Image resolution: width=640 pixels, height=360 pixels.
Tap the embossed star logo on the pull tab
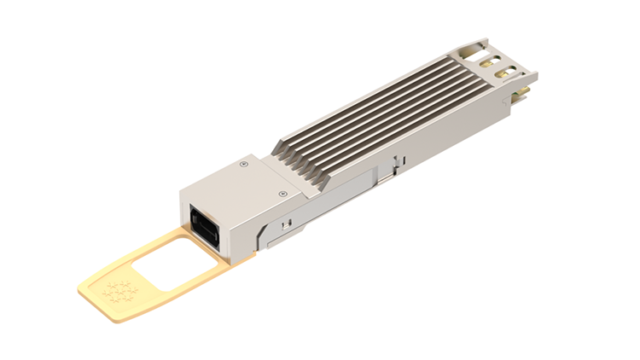[x=119, y=290]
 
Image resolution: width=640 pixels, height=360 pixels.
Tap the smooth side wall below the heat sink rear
[x=461, y=136]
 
